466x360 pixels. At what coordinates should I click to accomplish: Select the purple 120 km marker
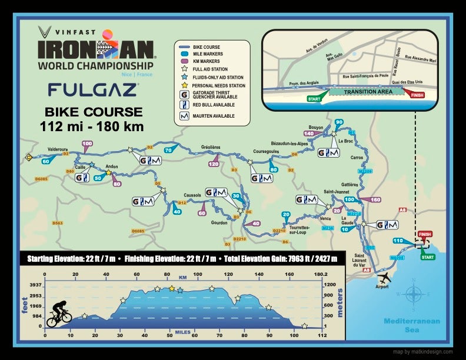(214, 164)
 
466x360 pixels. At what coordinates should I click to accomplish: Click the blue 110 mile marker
(398, 241)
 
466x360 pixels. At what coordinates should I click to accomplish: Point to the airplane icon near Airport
(384, 276)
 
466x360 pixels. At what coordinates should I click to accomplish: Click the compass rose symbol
(415, 293)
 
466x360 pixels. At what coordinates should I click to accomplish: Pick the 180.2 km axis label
(319, 274)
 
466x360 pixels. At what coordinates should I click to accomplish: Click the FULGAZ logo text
(94, 89)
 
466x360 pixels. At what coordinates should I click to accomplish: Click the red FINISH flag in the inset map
(414, 93)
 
